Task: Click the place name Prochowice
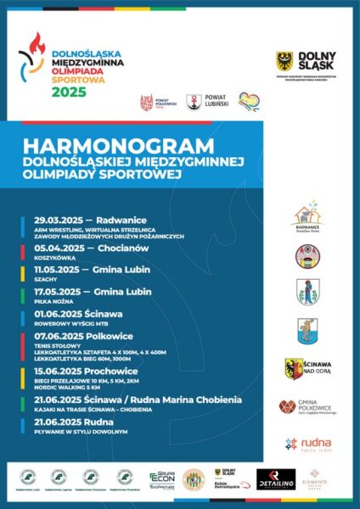coord(113,370)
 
